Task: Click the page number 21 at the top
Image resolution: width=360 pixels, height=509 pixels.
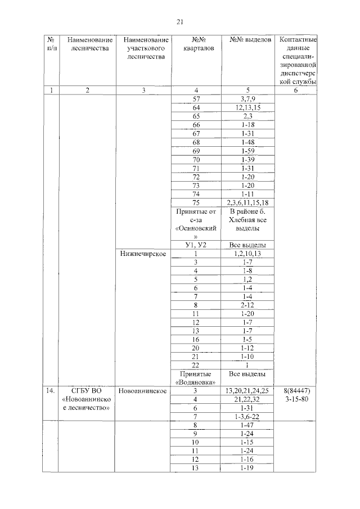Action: point(180,22)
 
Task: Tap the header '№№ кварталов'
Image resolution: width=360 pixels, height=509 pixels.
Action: point(196,44)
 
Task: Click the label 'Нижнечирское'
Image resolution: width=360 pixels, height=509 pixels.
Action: point(142,254)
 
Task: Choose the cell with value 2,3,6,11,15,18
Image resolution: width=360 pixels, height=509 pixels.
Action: point(245,203)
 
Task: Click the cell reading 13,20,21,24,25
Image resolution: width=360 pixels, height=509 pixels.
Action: point(245,391)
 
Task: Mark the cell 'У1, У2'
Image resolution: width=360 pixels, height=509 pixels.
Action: point(196,245)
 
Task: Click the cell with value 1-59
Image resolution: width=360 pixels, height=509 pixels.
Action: point(245,151)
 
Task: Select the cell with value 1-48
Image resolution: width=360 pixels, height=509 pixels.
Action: point(245,142)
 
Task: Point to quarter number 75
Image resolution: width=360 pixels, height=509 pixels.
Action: point(196,203)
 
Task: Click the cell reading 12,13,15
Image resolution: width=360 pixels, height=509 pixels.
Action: point(245,107)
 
